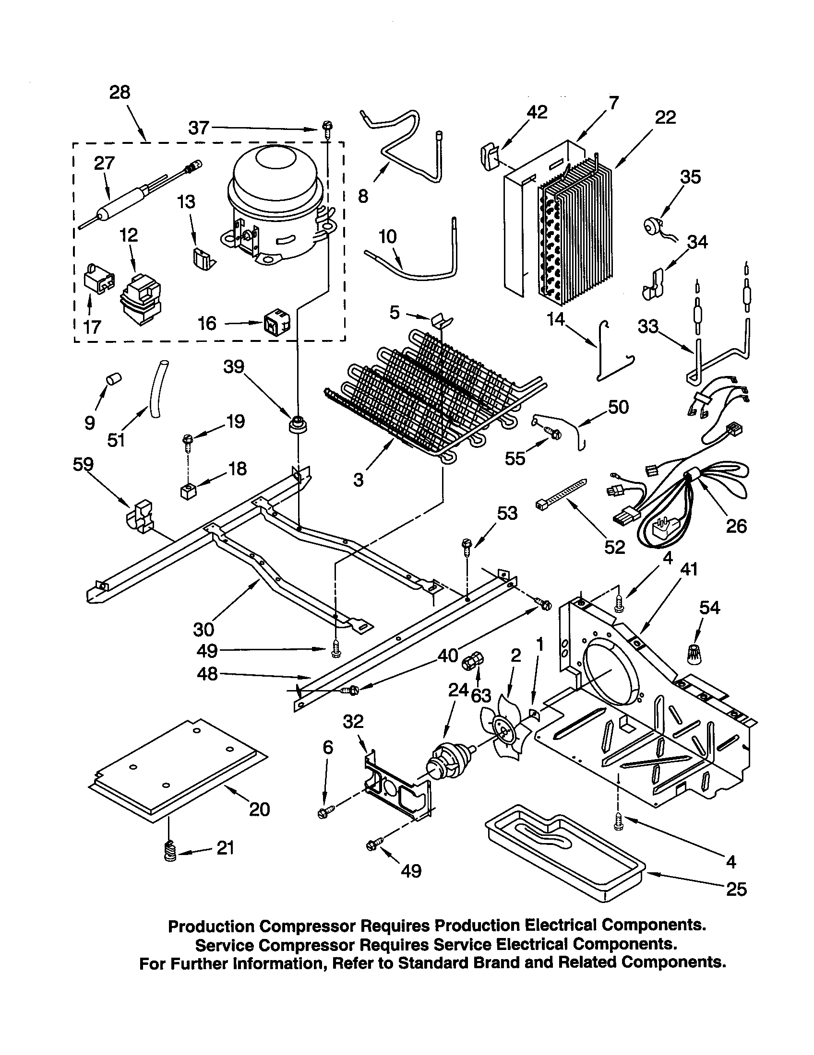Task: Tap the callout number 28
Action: [x=120, y=92]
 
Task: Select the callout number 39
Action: [x=233, y=367]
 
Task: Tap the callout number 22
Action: [x=665, y=117]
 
